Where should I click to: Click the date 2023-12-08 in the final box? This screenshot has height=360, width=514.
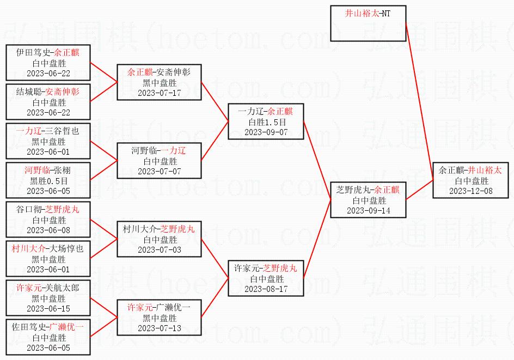pyautogui.click(x=471, y=191)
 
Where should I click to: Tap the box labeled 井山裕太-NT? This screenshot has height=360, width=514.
pyautogui.click(x=368, y=23)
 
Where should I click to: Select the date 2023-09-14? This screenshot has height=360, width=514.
pyautogui.click(x=369, y=211)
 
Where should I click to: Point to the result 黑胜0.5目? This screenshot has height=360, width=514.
pyautogui.click(x=49, y=181)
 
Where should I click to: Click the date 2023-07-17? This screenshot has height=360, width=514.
pyautogui.click(x=160, y=93)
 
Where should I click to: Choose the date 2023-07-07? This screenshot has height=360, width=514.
pyautogui.click(x=160, y=172)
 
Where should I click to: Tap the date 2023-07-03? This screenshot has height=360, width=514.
pyautogui.click(x=160, y=250)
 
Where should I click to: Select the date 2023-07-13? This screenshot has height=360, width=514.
pyautogui.click(x=160, y=328)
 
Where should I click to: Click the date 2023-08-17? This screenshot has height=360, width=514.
pyautogui.click(x=266, y=289)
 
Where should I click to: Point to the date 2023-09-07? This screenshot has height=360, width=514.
pyautogui.click(x=266, y=132)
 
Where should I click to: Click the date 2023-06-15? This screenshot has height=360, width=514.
pyautogui.click(x=48, y=309)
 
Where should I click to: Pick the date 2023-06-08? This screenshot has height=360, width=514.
pyautogui.click(x=48, y=230)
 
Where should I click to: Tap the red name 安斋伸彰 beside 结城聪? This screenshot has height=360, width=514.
pyautogui.click(x=62, y=92)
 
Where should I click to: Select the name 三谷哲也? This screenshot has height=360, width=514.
pyautogui.click(x=62, y=131)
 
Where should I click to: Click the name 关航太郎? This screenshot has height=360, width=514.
pyautogui.click(x=62, y=288)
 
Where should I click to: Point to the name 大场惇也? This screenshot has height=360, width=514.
pyautogui.click(x=66, y=249)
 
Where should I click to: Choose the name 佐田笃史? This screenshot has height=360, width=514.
pyautogui.click(x=29, y=327)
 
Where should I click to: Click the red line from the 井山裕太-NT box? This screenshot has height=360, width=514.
pyautogui.click(x=420, y=101)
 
